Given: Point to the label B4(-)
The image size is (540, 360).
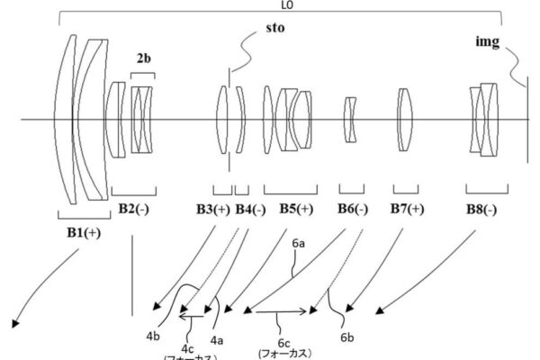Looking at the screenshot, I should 250,209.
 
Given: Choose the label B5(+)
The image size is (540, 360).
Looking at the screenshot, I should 294,209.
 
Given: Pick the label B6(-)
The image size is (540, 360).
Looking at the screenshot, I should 353,209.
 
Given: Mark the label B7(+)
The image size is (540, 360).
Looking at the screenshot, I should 408,209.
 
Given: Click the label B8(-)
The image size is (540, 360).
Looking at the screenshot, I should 483,209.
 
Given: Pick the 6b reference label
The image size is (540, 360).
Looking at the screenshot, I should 346,337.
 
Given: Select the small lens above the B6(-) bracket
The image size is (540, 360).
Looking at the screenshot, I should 352,120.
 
